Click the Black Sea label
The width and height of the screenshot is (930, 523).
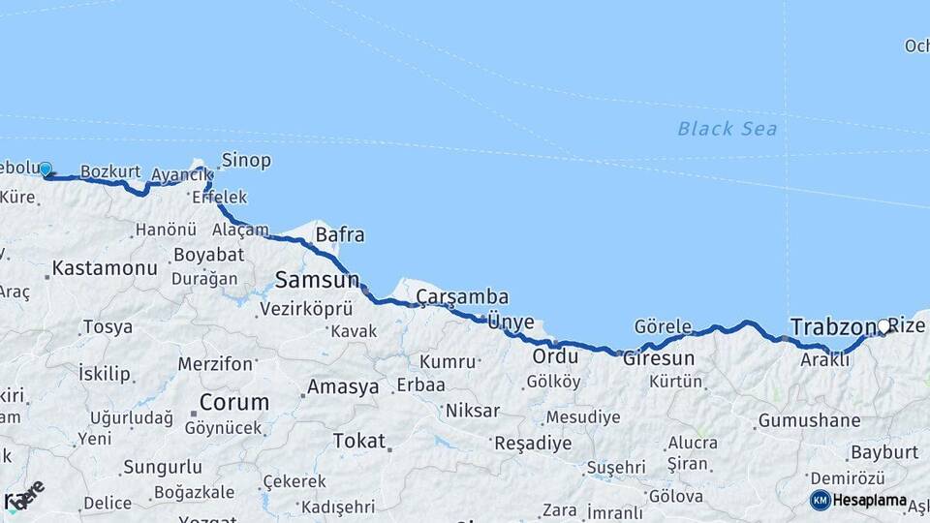click(727, 128)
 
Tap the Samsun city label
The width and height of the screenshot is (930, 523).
click(317, 281)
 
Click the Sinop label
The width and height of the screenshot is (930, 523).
click(246, 160)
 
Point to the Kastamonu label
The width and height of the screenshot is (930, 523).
click(104, 268)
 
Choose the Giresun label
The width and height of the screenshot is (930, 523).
click(658, 358)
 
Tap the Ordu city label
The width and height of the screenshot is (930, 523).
click(555, 356)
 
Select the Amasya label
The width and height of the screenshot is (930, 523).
click(343, 387)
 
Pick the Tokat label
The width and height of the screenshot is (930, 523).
click(359, 441)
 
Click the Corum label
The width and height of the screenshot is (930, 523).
click(234, 402)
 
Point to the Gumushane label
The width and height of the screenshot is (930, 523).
click(809, 420)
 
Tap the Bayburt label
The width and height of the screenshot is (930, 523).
click(883, 452)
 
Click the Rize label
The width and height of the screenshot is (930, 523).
click(908, 326)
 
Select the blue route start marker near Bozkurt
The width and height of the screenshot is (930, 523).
click(45, 169)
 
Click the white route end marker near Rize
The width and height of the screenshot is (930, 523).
click(883, 326)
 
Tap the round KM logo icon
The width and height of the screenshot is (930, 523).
click(820, 500)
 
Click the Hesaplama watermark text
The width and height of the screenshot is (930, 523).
click(870, 501)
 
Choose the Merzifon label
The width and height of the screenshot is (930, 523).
click(214, 364)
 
